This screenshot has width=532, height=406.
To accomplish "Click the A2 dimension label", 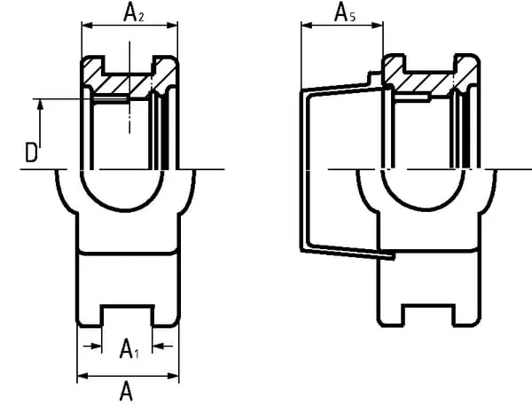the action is pyautogui.click(x=134, y=13).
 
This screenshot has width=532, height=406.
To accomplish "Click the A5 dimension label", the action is pyautogui.click(x=345, y=13).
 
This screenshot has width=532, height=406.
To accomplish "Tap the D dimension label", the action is pyautogui.click(x=31, y=152).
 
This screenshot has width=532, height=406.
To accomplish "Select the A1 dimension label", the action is pyautogui.click(x=129, y=348).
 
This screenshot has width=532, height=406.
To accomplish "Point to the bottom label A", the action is pyautogui.click(x=127, y=391).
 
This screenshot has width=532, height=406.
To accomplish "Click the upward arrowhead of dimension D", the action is pyautogui.click(x=41, y=105).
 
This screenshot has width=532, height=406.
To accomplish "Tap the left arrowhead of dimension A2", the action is pyautogui.click(x=88, y=25).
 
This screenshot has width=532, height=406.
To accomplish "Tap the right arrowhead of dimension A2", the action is pyautogui.click(x=172, y=25).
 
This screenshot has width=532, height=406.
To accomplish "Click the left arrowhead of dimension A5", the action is pyautogui.click(x=307, y=25).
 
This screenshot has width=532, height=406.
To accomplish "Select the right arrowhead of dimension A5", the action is pyautogui.click(x=378, y=25).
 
